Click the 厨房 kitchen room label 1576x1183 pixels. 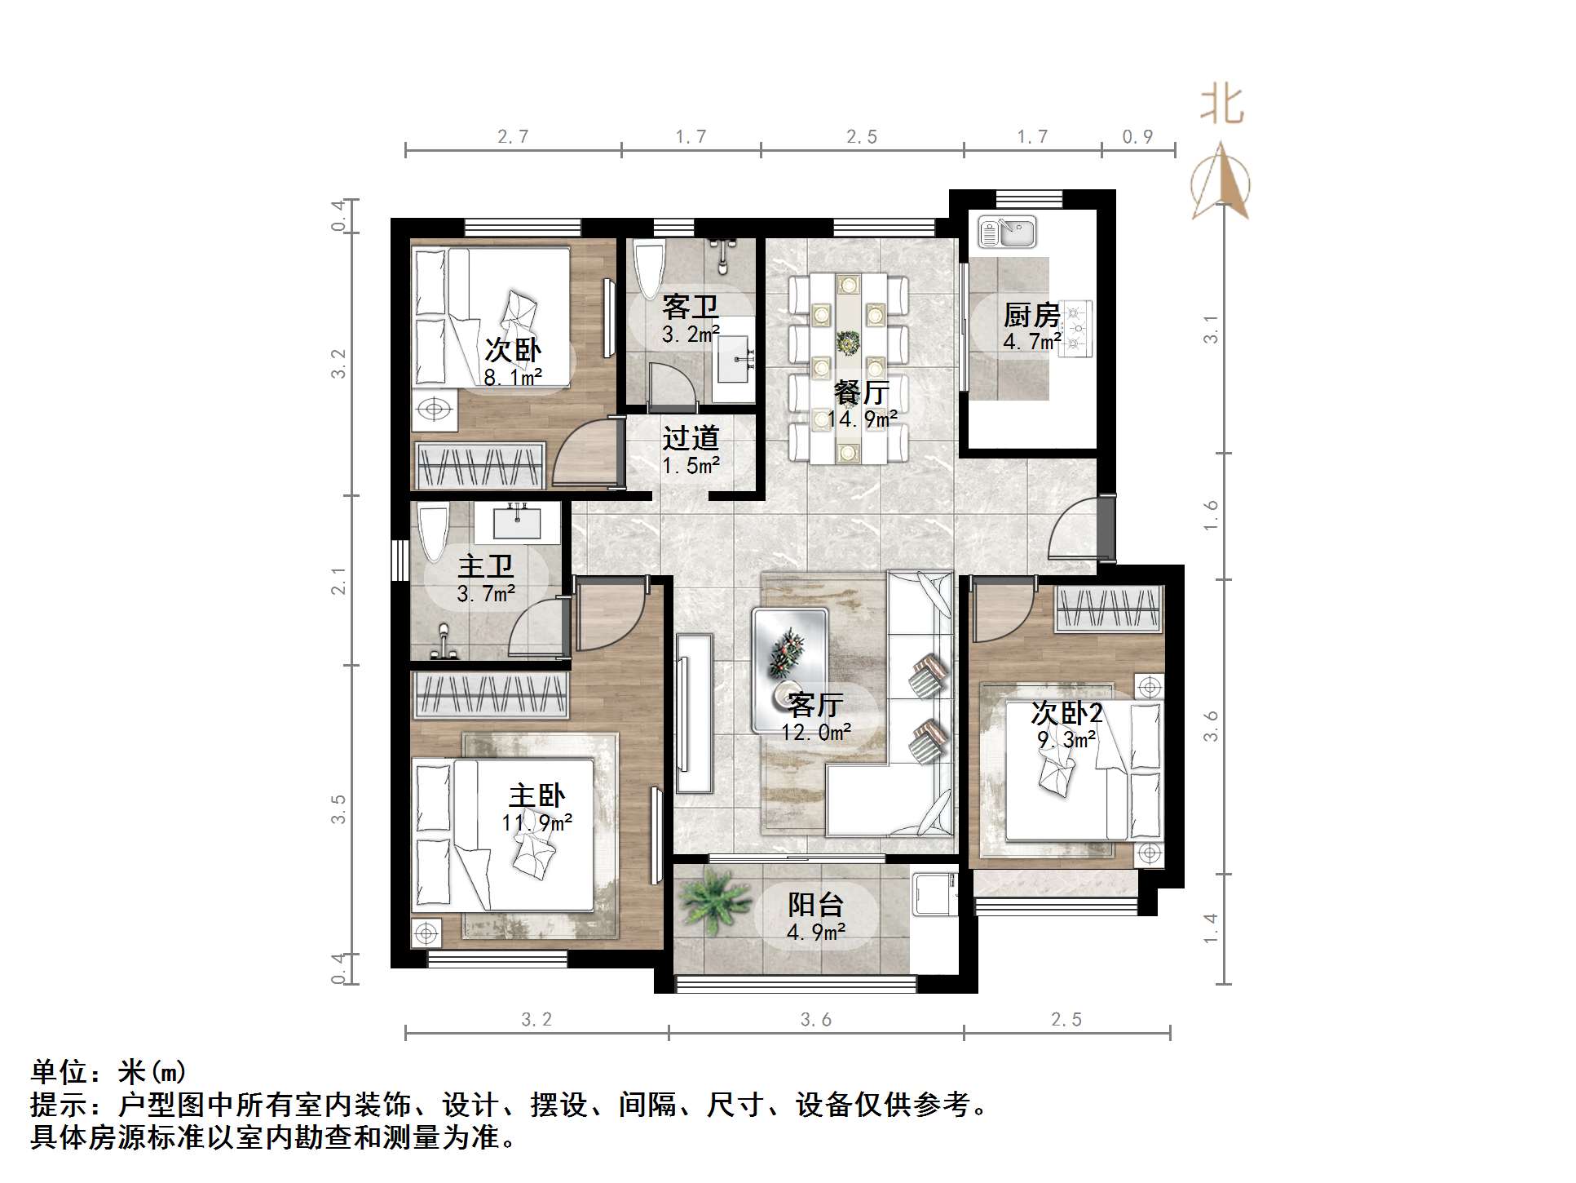[x=1031, y=314]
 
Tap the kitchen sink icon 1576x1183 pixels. [x=1007, y=233]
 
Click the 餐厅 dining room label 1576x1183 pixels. [x=861, y=392]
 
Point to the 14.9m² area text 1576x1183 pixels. [x=862, y=419]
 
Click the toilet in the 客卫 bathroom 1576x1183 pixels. [x=650, y=268]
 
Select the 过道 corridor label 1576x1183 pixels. [x=690, y=439]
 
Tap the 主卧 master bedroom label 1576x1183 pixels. [x=536, y=795]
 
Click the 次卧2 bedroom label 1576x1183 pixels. [x=1066, y=713]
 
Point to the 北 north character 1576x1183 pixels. [x=1221, y=105]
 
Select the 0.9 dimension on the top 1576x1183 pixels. [x=1137, y=137]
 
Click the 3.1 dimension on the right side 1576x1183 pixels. [x=1212, y=329]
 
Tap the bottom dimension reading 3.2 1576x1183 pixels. [x=536, y=1019]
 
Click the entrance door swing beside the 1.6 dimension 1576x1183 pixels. [x=1074, y=528]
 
